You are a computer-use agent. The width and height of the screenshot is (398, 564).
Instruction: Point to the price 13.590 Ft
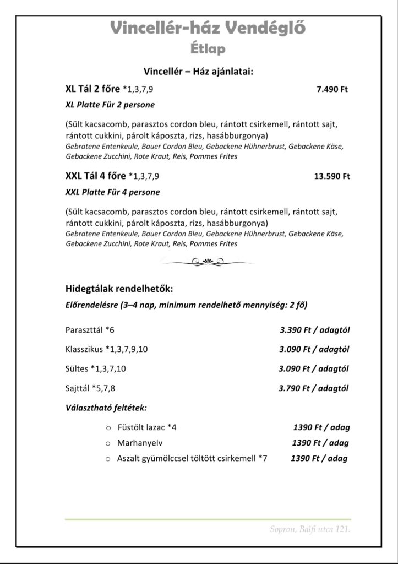pyautogui.click(x=331, y=177)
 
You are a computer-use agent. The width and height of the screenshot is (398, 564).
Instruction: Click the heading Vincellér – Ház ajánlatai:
pyautogui.click(x=198, y=71)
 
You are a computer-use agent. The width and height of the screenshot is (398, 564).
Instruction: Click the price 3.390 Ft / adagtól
pyautogui.click(x=315, y=330)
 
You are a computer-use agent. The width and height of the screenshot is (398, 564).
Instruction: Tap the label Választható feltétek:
pyautogui.click(x=106, y=408)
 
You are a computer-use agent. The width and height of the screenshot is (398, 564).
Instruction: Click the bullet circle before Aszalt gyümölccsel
pyautogui.click(x=108, y=458)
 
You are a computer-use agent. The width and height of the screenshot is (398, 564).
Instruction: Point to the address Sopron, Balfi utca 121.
pyautogui.click(x=310, y=529)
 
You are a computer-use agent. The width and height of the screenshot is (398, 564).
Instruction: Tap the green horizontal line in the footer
pyautogui.click(x=208, y=519)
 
